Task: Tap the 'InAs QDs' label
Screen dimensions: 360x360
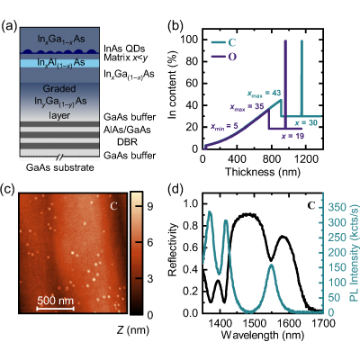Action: [124, 49]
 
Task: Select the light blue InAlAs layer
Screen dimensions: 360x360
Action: [59, 63]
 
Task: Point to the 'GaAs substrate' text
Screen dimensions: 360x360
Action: [60, 167]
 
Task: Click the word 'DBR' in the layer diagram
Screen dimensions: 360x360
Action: [127, 141]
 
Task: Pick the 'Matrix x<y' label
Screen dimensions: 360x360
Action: [126, 58]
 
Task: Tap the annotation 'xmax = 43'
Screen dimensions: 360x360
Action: [264, 94]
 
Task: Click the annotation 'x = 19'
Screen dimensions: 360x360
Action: [292, 136]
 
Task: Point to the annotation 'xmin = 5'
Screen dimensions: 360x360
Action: [224, 127]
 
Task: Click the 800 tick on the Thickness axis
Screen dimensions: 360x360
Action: [272, 159]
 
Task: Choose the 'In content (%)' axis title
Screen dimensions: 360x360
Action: [173, 85]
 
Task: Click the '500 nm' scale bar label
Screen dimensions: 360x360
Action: [56, 301]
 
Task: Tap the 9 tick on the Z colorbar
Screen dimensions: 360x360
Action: [150, 206]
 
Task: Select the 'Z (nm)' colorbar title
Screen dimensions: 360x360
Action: [132, 330]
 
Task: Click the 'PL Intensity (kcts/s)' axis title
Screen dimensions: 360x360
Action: [355, 258]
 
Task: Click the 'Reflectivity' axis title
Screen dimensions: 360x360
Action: [173, 249]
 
